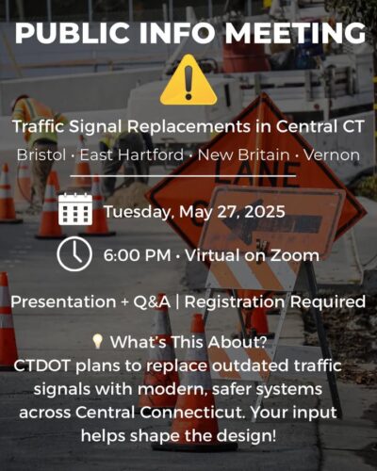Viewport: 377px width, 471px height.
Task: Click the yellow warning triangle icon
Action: pos(188,80)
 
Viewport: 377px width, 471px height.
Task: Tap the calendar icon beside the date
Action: pos(75,209)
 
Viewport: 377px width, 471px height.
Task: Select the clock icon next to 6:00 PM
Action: pos(74,254)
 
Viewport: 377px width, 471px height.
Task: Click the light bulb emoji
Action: pos(98,342)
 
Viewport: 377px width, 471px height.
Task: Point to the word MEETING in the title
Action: pos(295,33)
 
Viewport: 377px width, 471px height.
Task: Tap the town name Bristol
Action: pos(41,154)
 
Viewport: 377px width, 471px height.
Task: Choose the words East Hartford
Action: pos(131,154)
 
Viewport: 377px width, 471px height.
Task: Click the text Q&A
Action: pos(152,302)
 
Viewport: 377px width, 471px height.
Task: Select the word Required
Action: pos(328,302)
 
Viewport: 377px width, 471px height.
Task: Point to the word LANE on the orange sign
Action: pos(254,175)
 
